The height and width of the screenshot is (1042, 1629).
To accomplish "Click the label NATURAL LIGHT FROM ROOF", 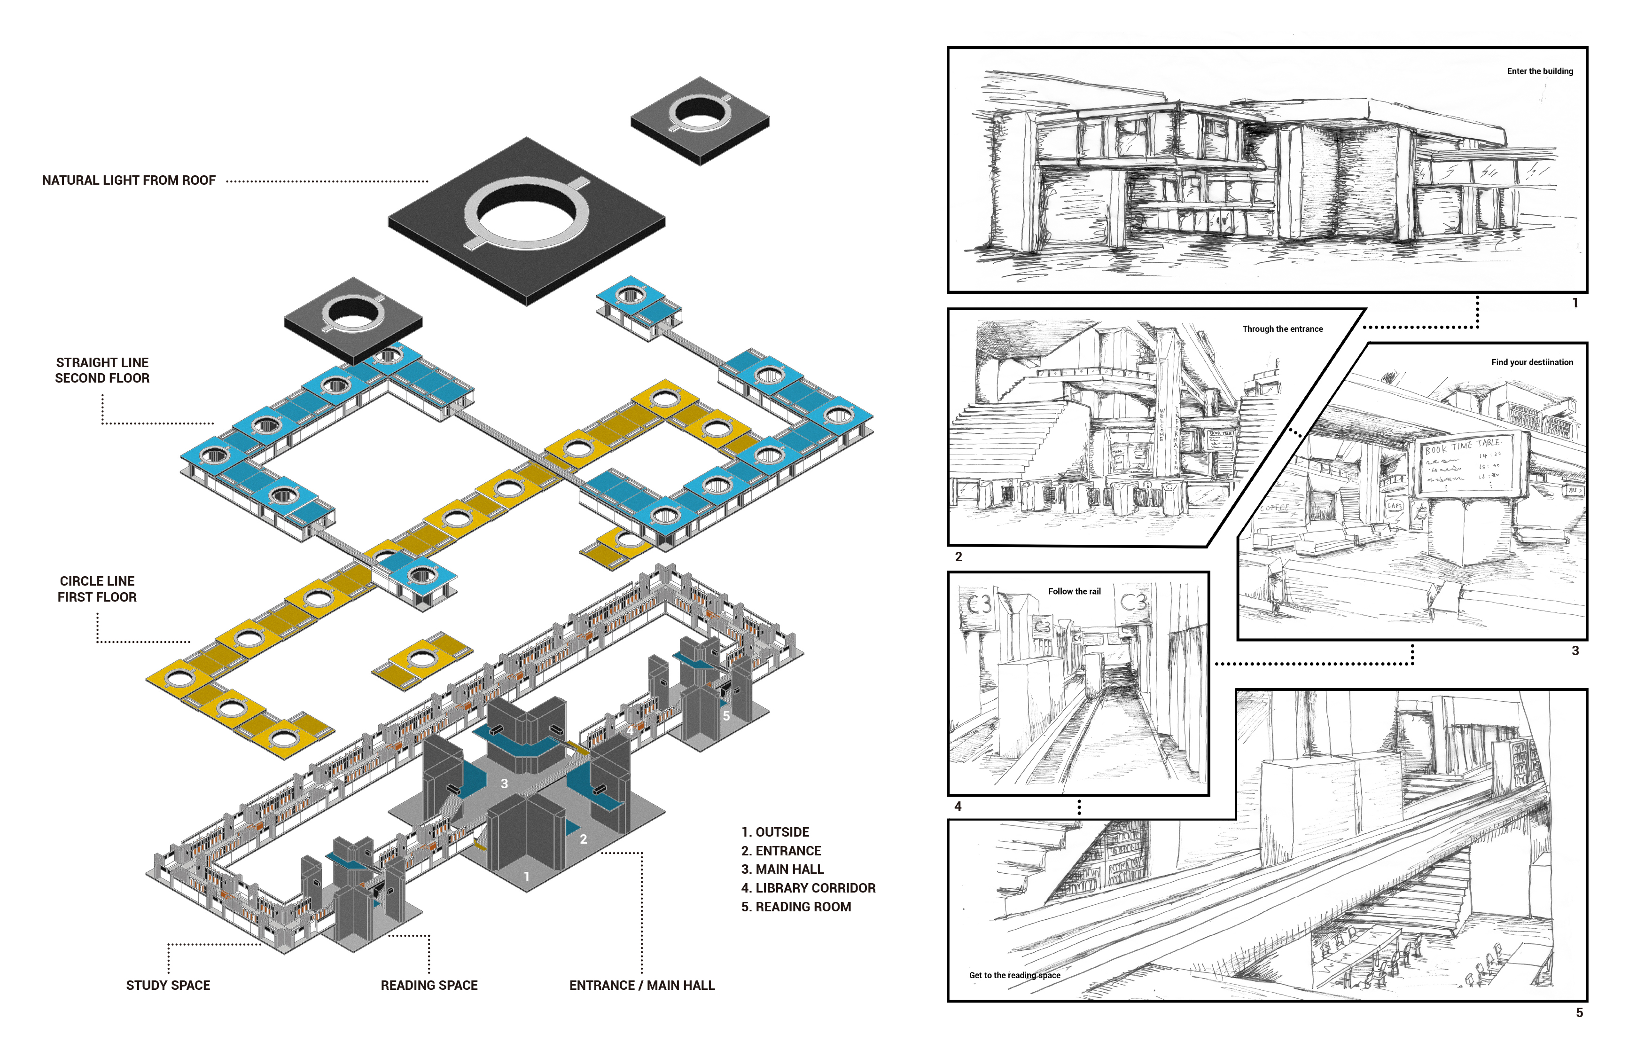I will (x=129, y=180).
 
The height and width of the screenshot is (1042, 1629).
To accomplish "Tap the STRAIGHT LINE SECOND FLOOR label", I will (x=102, y=370).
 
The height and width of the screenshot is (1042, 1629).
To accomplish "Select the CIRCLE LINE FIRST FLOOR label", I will (x=97, y=588).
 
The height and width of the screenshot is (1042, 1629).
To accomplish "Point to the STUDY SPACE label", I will (x=168, y=985).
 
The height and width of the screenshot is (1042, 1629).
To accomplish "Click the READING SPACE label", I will (x=429, y=985).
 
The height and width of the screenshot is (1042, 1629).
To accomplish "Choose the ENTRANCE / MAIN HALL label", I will (x=641, y=985).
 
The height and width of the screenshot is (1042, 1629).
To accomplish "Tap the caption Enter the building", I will (x=1540, y=71).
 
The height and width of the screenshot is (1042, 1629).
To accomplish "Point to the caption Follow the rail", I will (x=1074, y=591).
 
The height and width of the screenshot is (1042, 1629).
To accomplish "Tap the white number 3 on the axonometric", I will (x=504, y=783).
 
